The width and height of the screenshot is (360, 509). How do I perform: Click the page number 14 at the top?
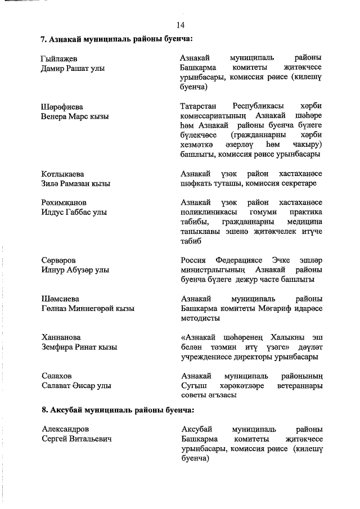click(180, 25)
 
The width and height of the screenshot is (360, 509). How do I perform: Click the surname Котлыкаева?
click(63, 174)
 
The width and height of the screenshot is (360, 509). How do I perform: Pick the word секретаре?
click(298, 183)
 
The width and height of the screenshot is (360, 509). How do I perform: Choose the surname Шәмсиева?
click(61, 299)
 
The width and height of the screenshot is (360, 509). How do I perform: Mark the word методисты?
click(200, 318)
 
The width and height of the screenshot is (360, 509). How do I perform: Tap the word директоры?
click(259, 356)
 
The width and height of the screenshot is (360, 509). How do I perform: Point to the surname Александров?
click(65, 429)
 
